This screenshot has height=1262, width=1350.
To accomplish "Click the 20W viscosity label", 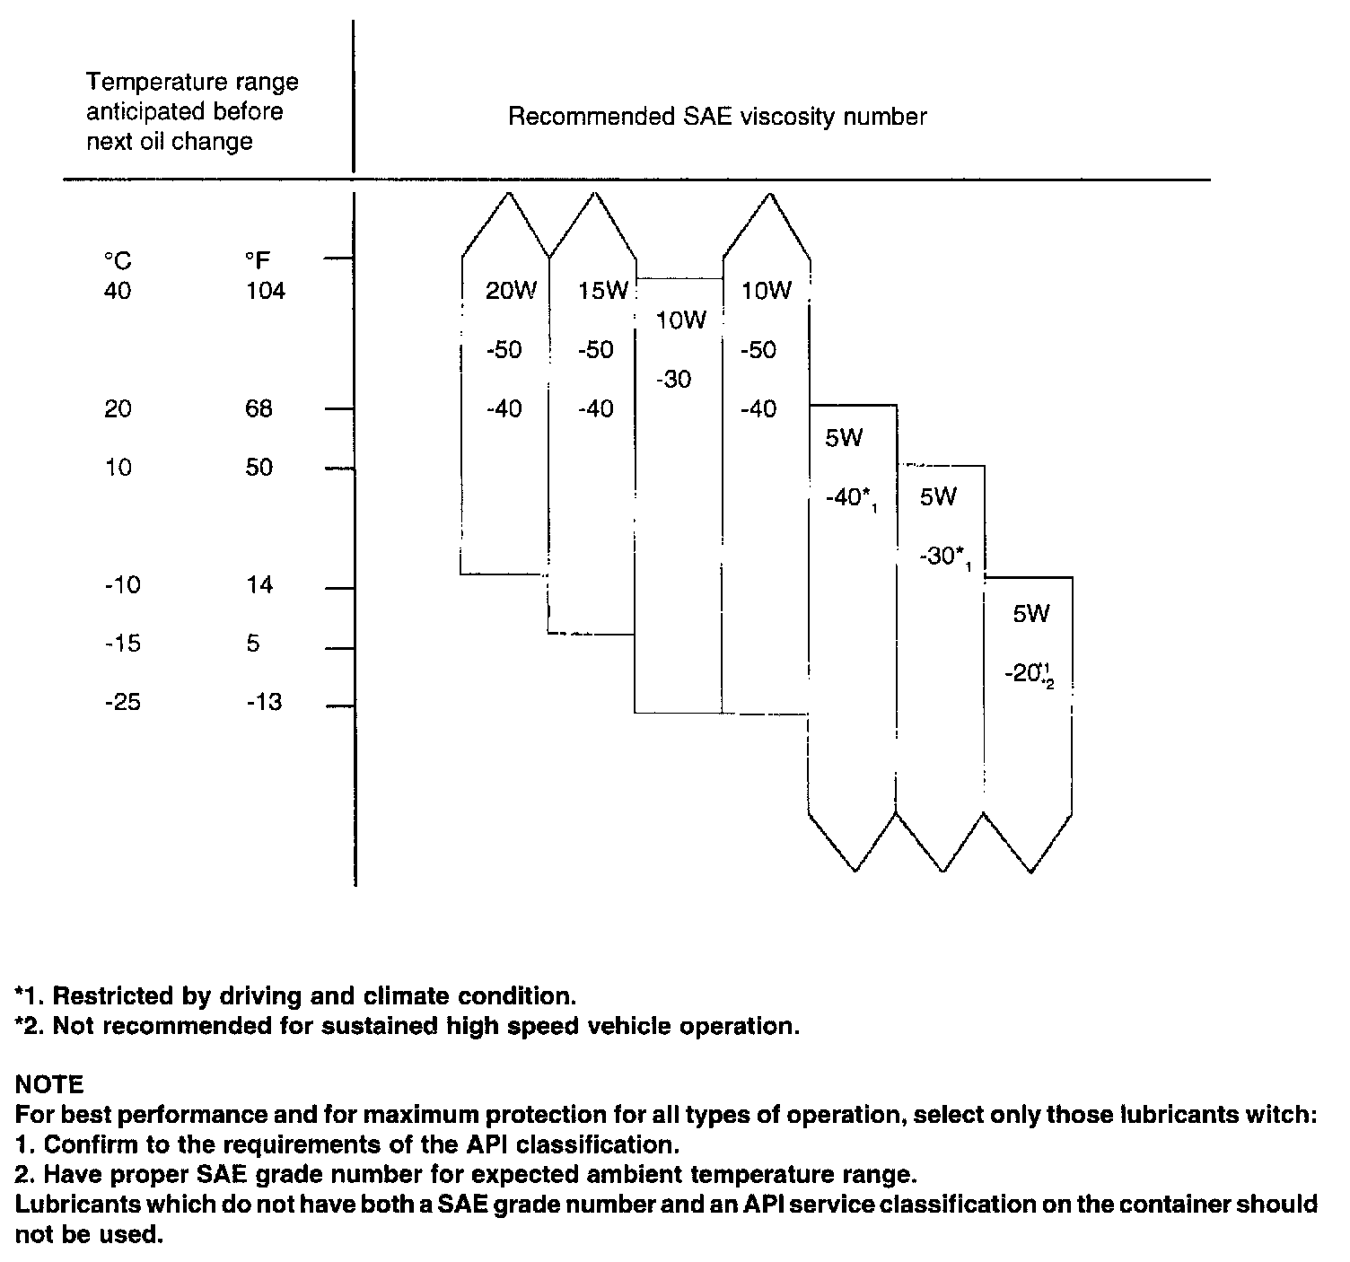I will pyautogui.click(x=510, y=291).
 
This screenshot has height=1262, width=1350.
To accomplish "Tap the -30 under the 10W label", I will pyautogui.click(x=674, y=380).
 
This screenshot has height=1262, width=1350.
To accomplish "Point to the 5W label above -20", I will pyautogui.click(x=1030, y=614).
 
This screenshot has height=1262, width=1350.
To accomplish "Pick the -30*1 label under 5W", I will pyautogui.click(x=944, y=557).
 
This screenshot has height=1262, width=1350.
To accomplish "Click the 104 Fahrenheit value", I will pyautogui.click(x=265, y=291).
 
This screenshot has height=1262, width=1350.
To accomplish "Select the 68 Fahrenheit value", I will pyautogui.click(x=259, y=409).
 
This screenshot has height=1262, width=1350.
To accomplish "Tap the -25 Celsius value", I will pyautogui.click(x=122, y=702).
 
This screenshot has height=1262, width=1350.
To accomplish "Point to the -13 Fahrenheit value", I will pyautogui.click(x=265, y=702).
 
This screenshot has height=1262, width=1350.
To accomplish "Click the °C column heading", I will pyautogui.click(x=117, y=261).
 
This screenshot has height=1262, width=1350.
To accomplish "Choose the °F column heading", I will pyautogui.click(x=258, y=261).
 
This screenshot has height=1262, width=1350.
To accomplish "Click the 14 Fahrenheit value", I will pyautogui.click(x=259, y=585).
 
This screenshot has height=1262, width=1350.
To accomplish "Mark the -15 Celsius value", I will pyautogui.click(x=122, y=644).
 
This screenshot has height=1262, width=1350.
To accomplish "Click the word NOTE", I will pyautogui.click(x=49, y=1084).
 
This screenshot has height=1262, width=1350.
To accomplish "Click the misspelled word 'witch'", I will pyautogui.click(x=1285, y=1115).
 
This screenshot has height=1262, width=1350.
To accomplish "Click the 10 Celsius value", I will pyautogui.click(x=118, y=468).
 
